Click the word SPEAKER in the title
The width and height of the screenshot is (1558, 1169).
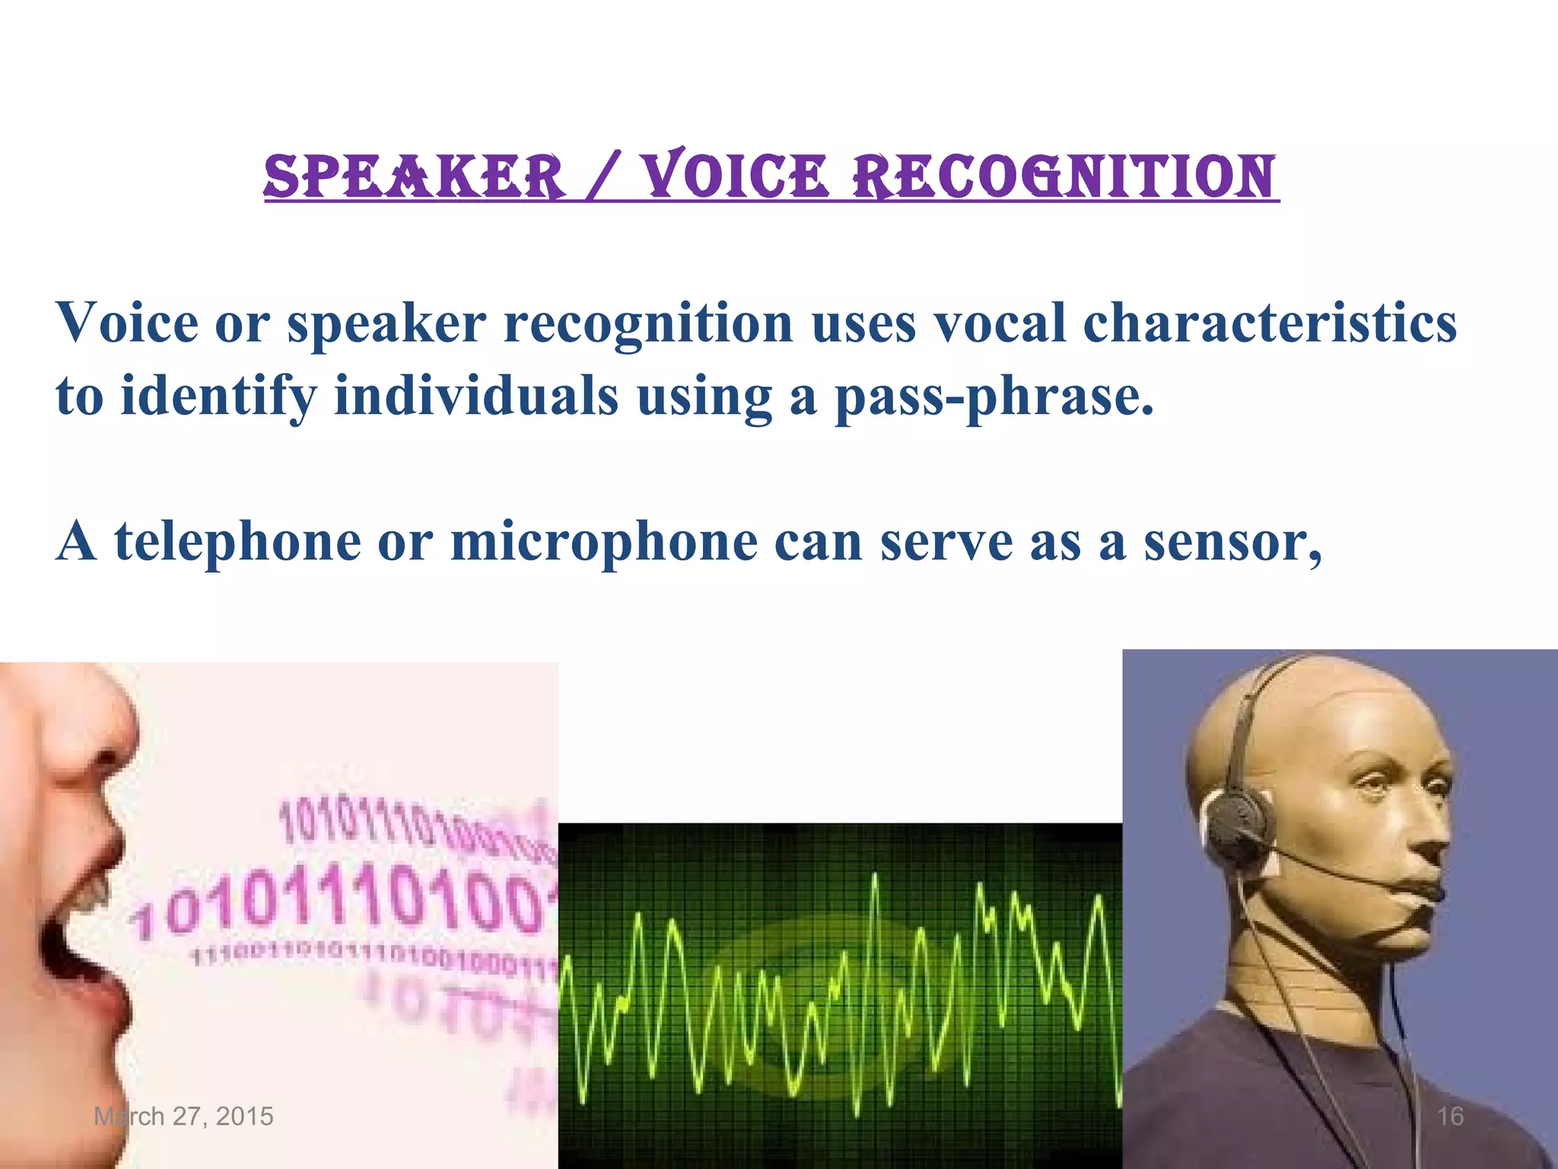[x=415, y=177]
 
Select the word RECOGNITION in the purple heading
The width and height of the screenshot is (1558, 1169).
[x=1063, y=177]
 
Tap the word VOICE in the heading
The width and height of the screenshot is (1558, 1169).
[x=733, y=177]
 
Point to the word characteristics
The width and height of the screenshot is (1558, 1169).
[x=1269, y=323]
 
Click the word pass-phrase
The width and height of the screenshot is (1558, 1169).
[x=994, y=397]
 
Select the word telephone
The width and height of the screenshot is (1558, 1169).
[x=237, y=542]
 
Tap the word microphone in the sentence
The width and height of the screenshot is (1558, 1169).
[x=604, y=542]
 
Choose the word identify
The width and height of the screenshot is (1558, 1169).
[x=218, y=397]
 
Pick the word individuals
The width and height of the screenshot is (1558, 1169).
[x=476, y=397]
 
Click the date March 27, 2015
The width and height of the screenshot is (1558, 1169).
[x=183, y=1116]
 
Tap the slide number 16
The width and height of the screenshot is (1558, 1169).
[x=1450, y=1116]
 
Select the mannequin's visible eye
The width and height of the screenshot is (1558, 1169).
[x=1369, y=784]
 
